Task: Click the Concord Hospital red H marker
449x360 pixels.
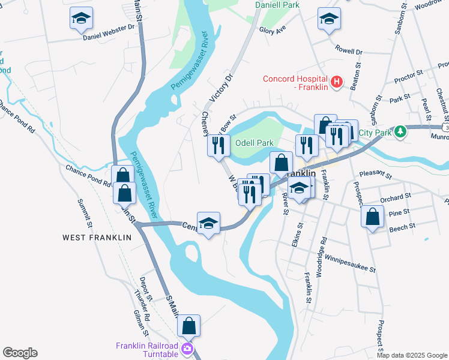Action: (x=336, y=81)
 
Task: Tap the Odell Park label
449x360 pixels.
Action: (x=255, y=143)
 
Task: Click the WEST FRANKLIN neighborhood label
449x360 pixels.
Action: (x=97, y=238)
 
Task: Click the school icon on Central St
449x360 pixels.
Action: (x=208, y=223)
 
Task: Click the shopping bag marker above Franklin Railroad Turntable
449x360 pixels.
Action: (x=189, y=326)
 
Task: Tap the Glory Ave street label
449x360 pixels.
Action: (x=273, y=30)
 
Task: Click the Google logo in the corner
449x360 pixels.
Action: (x=20, y=353)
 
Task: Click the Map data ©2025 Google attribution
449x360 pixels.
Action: (x=411, y=355)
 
